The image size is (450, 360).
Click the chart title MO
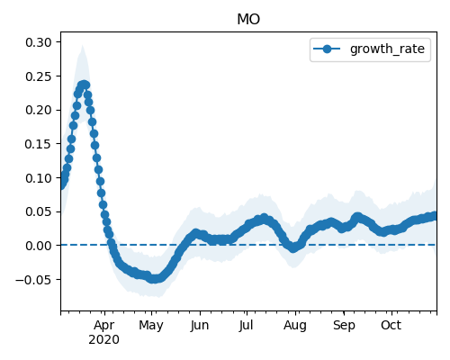pos(248,19)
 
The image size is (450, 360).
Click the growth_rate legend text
pos(387,49)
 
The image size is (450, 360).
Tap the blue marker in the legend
pos(327,49)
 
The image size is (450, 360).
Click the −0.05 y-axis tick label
pos(33,280)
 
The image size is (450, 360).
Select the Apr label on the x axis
pos(103,326)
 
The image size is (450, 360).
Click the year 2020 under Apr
pos(103,339)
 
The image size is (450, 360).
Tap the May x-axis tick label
pos(151,326)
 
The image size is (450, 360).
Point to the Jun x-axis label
pos(199,326)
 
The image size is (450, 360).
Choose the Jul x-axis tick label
pos(247,326)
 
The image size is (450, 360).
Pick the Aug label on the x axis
pos(295,326)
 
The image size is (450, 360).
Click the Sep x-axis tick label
pos(344,326)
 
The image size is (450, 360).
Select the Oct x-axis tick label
pos(391,326)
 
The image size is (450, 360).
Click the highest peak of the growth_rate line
pos(84,85)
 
